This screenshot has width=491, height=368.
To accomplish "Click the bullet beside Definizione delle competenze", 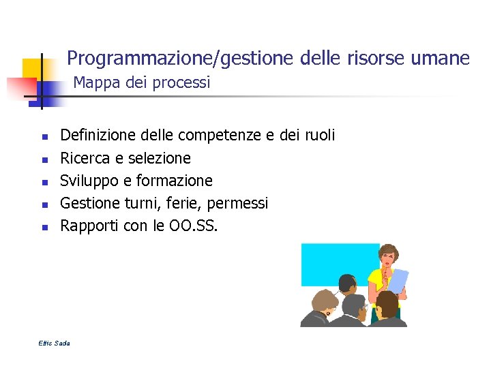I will (43, 137).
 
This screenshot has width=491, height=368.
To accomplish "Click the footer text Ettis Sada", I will (55, 343).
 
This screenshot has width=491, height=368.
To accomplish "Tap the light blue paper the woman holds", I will (398, 281).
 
